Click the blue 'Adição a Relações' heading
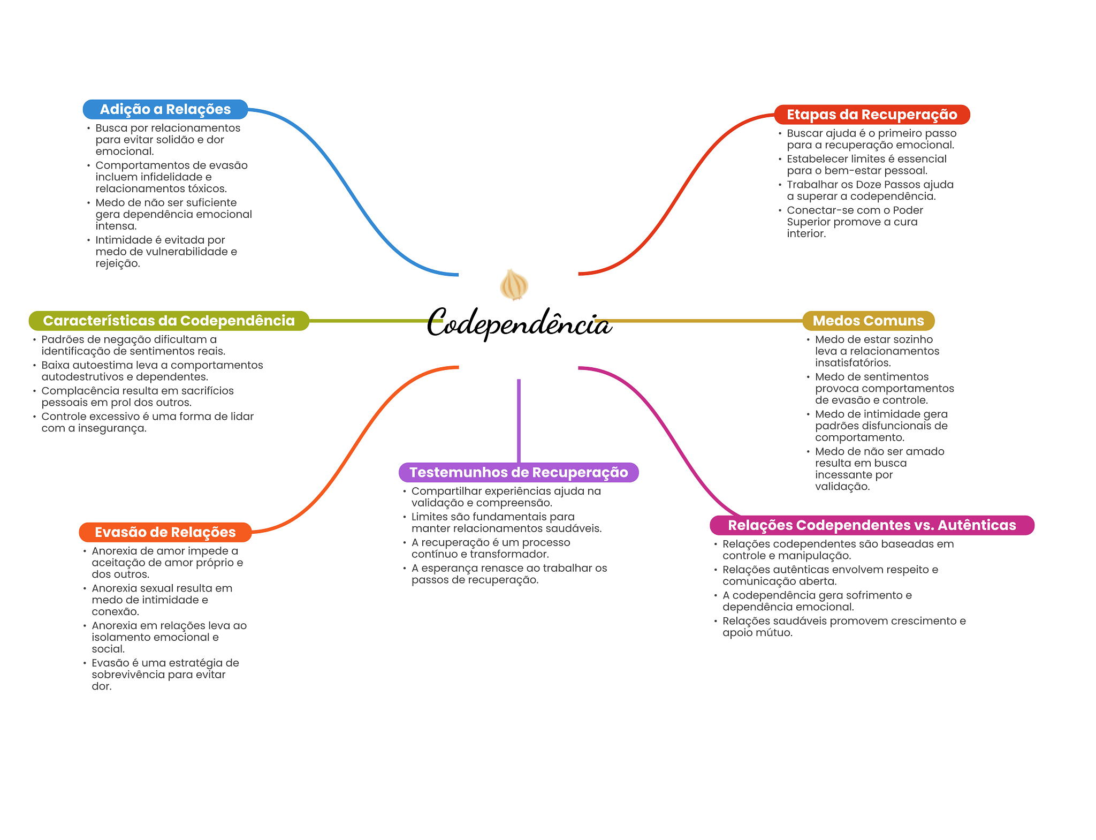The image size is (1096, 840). tap(165, 109)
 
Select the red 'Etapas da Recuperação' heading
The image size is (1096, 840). tap(871, 115)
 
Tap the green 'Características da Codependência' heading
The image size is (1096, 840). tap(169, 321)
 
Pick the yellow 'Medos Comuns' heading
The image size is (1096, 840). tap(868, 321)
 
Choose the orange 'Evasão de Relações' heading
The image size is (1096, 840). tap(165, 532)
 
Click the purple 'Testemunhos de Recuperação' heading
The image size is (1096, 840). tap(518, 472)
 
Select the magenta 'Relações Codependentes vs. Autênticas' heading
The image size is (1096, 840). tap(871, 525)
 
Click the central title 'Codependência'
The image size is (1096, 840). tap(518, 323)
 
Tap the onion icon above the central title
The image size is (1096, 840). tap(514, 284)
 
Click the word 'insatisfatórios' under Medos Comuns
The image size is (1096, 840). tap(853, 363)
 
